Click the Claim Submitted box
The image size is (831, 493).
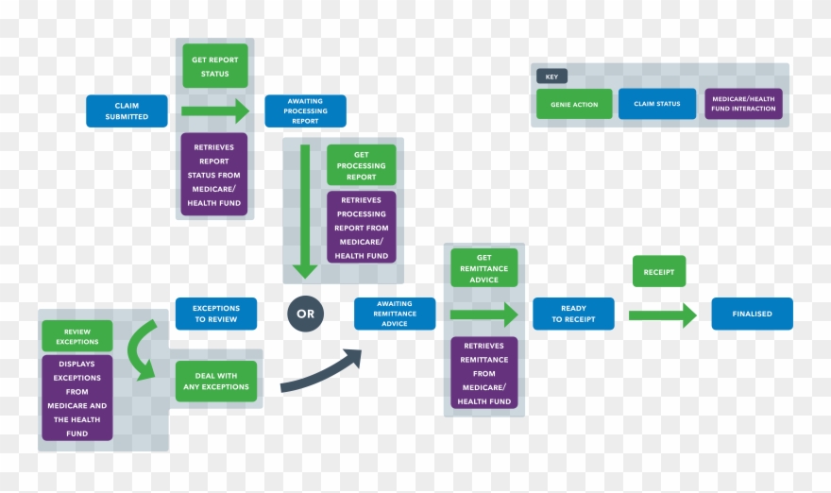click(127, 110)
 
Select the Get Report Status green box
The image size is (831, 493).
click(215, 66)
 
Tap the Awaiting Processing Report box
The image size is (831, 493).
click(305, 110)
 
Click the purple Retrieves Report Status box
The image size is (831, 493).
click(214, 175)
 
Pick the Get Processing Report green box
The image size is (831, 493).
click(362, 165)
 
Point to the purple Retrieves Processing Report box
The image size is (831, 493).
click(362, 227)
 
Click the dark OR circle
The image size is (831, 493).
click(305, 314)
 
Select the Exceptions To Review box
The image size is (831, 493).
click(216, 314)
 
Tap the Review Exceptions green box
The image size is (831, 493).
click(76, 336)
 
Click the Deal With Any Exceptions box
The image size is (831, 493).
click(216, 380)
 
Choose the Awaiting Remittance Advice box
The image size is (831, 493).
click(395, 314)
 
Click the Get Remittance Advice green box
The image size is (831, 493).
click(483, 268)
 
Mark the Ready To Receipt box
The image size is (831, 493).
click(573, 314)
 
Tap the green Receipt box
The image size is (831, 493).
click(659, 271)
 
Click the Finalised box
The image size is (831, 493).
click(752, 314)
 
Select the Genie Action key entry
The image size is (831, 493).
click(574, 104)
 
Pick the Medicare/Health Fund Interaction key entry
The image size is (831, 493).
click(743, 104)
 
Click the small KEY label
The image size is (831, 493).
click(550, 77)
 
